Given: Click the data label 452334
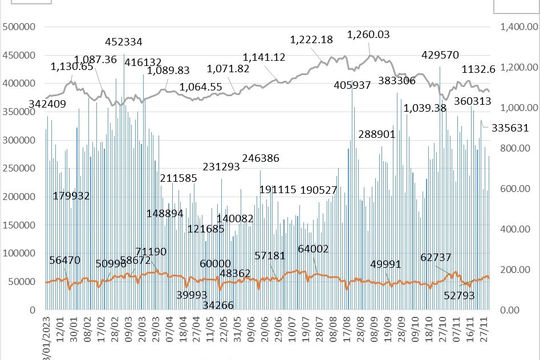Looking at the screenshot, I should (x=124, y=42).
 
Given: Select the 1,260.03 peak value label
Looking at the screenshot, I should (x=367, y=34).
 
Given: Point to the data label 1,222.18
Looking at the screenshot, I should (x=311, y=40).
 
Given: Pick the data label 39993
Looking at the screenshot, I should (x=192, y=294).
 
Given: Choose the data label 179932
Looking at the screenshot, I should (x=72, y=196).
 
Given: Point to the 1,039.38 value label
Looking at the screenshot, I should (x=424, y=108).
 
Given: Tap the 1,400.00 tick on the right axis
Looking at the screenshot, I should (x=517, y=27).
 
